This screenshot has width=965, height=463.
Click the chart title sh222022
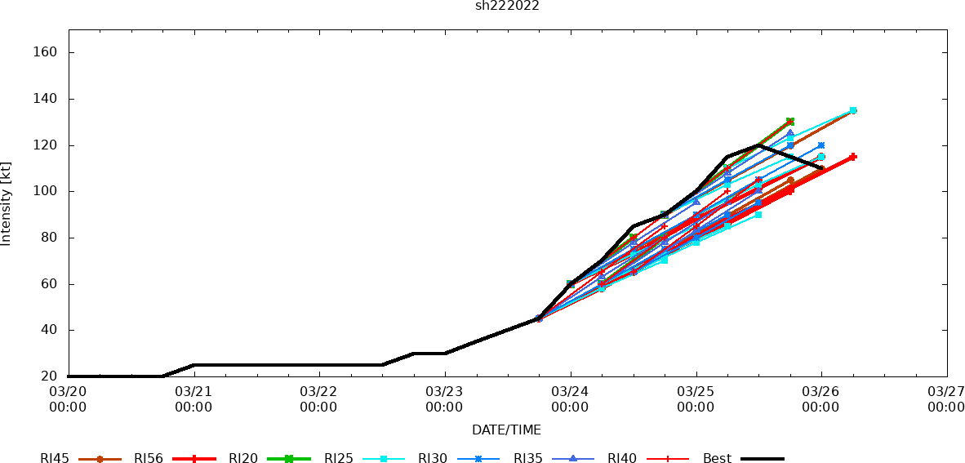coord(507,6)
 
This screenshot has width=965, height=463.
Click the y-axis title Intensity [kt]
coord(7,203)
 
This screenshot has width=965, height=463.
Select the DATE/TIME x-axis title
coord(506,430)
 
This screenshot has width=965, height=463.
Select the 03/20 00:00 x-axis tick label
coord(68,399)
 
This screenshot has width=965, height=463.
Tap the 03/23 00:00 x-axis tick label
coord(444,399)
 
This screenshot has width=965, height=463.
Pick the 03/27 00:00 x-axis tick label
coord(946,399)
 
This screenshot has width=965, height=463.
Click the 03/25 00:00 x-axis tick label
coord(696,399)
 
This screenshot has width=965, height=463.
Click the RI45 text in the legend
coord(55,459)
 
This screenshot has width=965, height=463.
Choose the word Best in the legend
coord(717,459)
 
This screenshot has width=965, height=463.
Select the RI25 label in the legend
coord(339,459)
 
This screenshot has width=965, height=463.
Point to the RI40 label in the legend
coord(622,459)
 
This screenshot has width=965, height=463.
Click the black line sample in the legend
coord(763,459)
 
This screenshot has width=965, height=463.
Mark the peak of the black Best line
coord(758,145)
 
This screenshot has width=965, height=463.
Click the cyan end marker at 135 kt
coord(852,110)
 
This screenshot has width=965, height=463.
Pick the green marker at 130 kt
coord(789,122)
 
